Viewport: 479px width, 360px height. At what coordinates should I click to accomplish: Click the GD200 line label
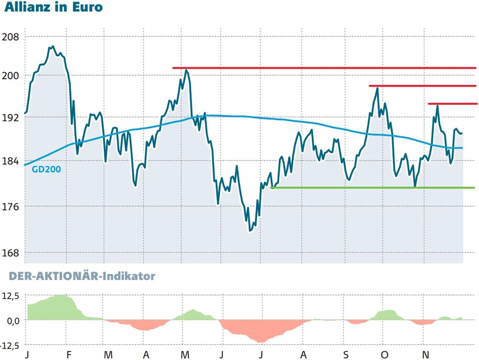46,169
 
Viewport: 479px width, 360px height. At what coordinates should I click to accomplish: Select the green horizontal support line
373,187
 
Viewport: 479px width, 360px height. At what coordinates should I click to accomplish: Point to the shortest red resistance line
452,104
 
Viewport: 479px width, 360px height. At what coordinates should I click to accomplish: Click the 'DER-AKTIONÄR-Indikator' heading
79,277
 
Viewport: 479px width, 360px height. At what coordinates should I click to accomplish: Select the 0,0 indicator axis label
11,320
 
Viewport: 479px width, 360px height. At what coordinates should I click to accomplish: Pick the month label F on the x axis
69,355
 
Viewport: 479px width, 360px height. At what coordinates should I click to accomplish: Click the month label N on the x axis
424,355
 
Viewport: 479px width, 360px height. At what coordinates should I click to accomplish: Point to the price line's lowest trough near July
251,231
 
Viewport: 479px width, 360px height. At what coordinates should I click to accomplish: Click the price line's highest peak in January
53,46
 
